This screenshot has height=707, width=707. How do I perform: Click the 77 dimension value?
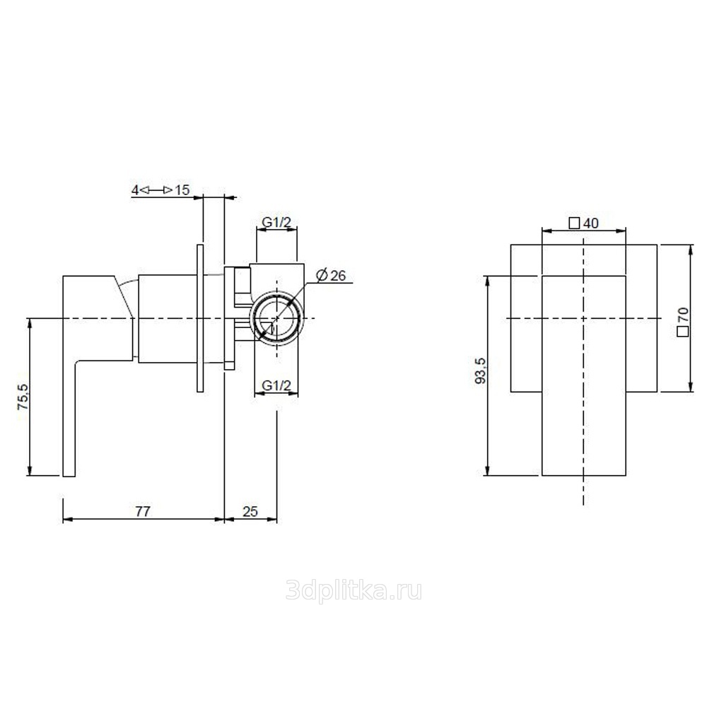pyautogui.click(x=143, y=511)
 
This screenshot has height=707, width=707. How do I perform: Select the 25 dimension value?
pyautogui.click(x=250, y=511)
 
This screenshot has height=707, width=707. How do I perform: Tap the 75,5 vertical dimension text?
pyautogui.click(x=23, y=397)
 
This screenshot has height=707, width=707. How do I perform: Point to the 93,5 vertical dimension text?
pyautogui.click(x=481, y=370)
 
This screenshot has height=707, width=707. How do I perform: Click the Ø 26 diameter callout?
pyautogui.click(x=331, y=275)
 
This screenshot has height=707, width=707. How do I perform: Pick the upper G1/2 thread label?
pyautogui.click(x=277, y=222)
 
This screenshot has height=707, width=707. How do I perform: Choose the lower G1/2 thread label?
pyautogui.click(x=277, y=385)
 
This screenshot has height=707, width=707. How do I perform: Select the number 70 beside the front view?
pyautogui.click(x=683, y=315)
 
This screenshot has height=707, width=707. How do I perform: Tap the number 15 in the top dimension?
pyautogui.click(x=182, y=189)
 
